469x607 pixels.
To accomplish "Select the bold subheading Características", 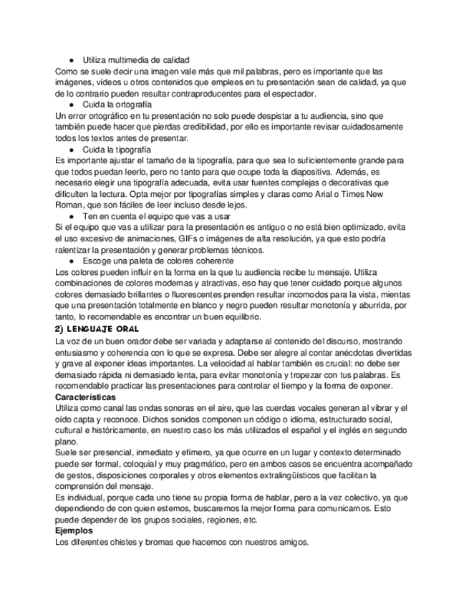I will [x=86, y=397].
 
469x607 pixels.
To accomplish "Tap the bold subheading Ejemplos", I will [x=74, y=532].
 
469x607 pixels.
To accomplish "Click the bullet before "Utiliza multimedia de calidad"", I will [x=72, y=60].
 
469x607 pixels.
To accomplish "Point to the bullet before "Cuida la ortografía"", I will [x=72, y=105].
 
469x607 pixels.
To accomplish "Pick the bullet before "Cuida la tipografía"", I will [x=72, y=150].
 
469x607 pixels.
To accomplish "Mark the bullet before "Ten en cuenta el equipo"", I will [x=72, y=216].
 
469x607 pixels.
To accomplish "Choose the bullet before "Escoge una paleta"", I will [x=72, y=261].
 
